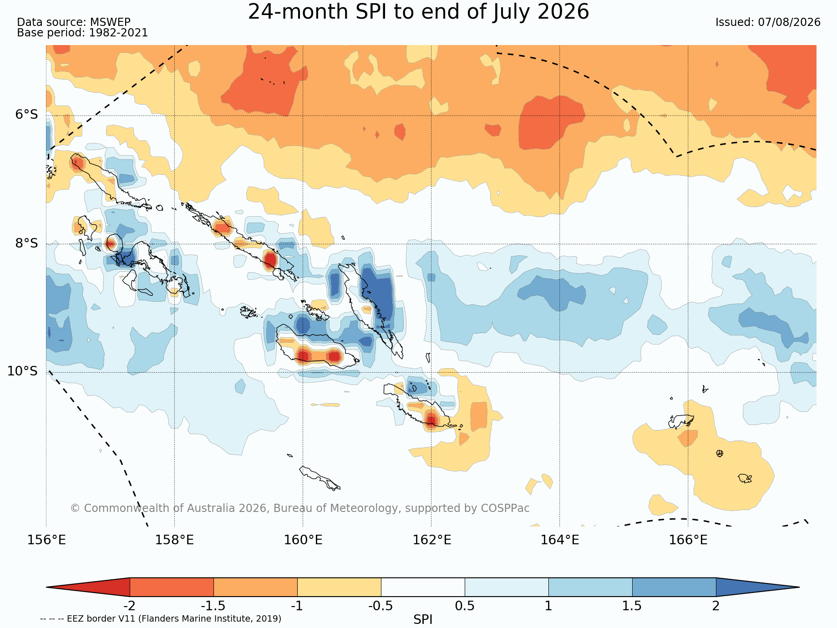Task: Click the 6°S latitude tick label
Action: pos(27,115)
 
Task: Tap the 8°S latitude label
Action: pos(27,243)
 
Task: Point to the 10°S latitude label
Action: pos(23,371)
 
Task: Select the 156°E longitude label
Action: pos(46,540)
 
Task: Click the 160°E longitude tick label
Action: pos(303,540)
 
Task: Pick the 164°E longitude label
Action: pos(560,540)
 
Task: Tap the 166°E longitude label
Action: pos(688,540)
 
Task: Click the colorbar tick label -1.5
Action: pos(213,606)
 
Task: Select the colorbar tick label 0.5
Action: pos(465,606)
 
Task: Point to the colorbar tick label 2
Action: pos(716,606)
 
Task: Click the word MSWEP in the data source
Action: pos(110,22)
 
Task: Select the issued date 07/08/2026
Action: pos(789,22)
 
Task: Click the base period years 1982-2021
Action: pos(118,33)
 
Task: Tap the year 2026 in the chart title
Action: pos(563,12)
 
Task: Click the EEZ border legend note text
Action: pos(161,619)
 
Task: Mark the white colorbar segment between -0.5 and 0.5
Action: pos(423,587)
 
